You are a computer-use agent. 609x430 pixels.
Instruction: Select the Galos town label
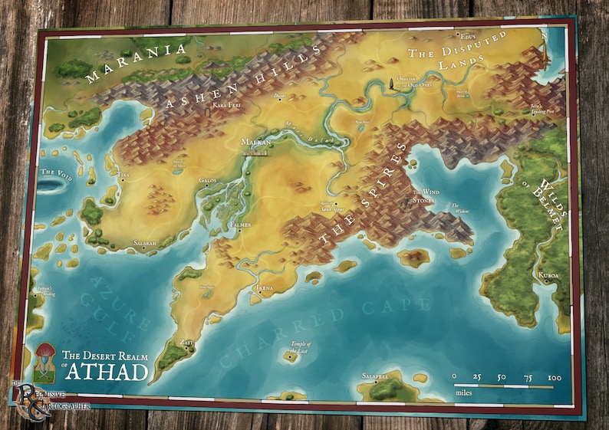tap(207, 180)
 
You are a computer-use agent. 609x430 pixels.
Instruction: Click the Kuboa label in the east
tap(548, 274)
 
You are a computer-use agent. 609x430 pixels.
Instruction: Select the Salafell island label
tap(377, 376)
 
